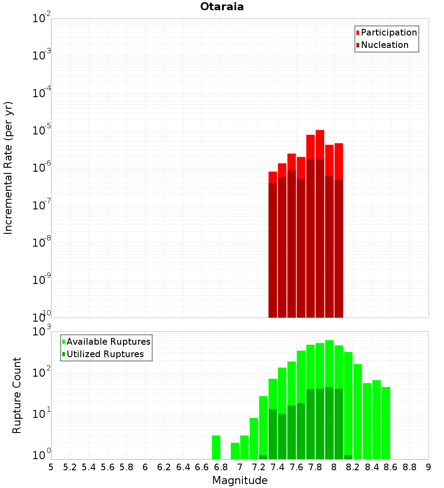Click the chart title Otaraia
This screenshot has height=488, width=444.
[x=222, y=7]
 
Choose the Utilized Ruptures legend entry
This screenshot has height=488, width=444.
[x=104, y=354]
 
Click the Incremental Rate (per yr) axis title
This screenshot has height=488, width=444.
[x=8, y=168]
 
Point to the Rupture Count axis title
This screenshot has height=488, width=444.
[x=17, y=395]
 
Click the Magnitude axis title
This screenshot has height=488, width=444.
[x=240, y=480]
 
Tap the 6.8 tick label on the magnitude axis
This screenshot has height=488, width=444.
[x=221, y=467]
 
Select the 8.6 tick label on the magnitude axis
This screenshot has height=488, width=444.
[x=391, y=467]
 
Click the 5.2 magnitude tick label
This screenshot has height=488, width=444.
[x=70, y=467]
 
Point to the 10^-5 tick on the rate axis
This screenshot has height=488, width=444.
[x=42, y=130]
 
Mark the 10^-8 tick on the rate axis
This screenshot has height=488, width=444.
[x=42, y=243]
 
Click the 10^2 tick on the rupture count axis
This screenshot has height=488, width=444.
[x=42, y=371]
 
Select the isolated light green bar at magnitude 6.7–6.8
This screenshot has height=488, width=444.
[x=216, y=447]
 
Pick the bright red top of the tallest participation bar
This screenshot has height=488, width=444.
[x=320, y=144]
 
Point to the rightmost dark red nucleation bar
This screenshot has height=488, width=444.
[x=339, y=248]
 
